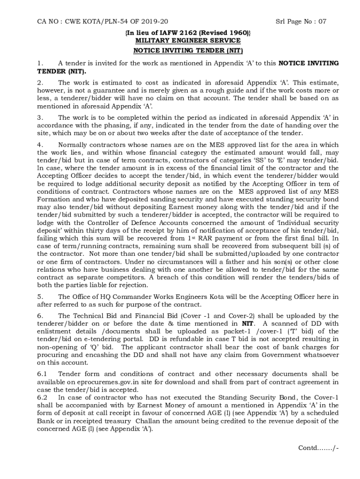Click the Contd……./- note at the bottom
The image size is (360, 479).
pos(318,448)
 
